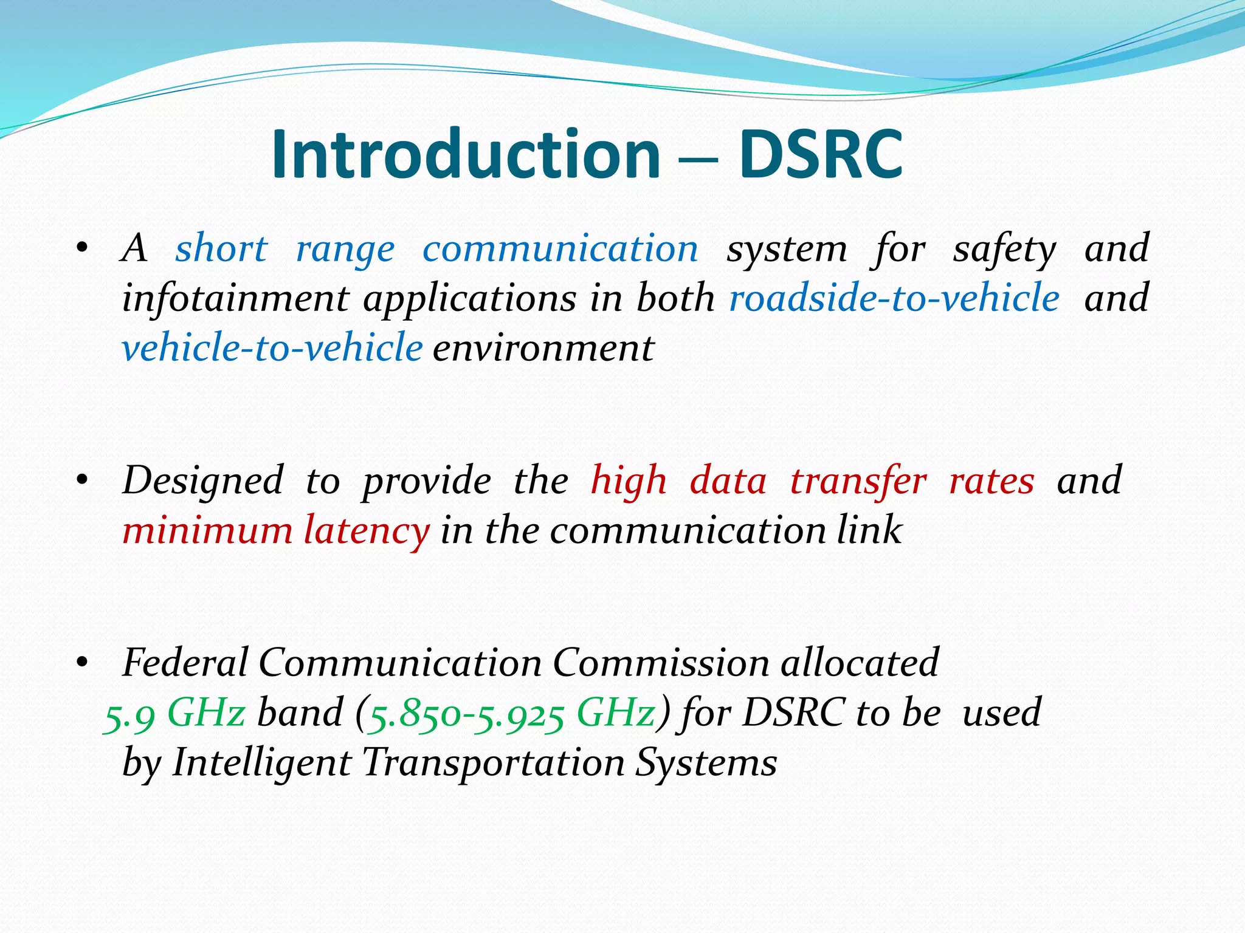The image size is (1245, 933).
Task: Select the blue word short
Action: tap(221, 248)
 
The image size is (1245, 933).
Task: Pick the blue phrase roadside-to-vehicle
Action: tap(894, 298)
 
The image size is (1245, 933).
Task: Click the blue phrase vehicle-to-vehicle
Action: tap(272, 348)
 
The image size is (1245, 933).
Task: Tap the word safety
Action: tap(1004, 250)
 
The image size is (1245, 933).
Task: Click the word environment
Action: tap(543, 349)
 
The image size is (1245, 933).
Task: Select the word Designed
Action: tap(203, 481)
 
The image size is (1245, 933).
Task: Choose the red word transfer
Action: tap(858, 481)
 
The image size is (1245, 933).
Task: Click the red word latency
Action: tap(367, 531)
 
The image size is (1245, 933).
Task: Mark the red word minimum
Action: tap(207, 531)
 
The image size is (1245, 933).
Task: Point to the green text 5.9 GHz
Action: tap(175, 713)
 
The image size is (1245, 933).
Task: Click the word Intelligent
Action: tap(261, 762)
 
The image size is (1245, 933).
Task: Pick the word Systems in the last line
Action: tap(706, 762)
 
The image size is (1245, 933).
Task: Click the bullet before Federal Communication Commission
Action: tap(83, 664)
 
